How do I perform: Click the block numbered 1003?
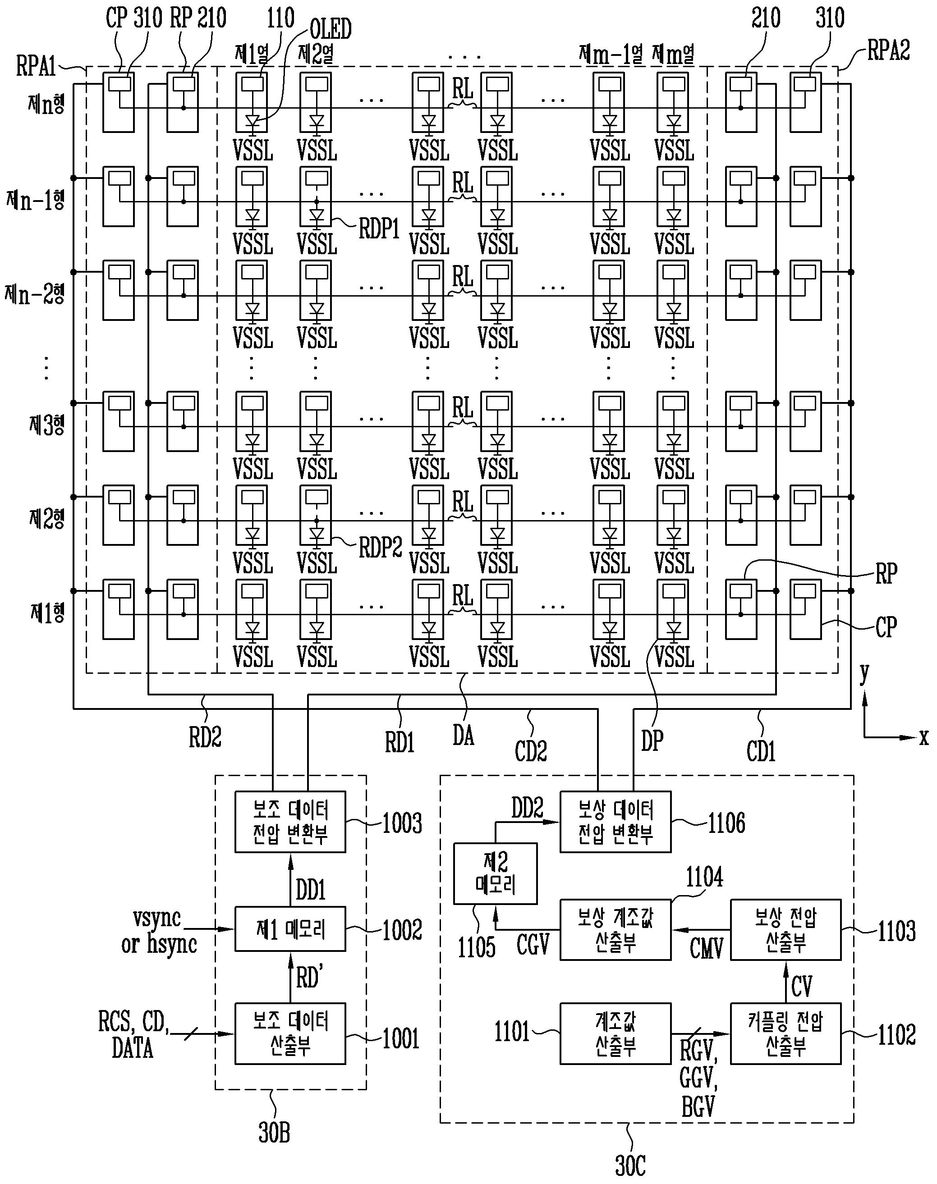(x=290, y=821)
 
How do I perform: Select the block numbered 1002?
(x=290, y=929)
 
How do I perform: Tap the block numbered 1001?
(x=290, y=1034)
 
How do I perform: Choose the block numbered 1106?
(x=615, y=821)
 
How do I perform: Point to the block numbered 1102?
(x=785, y=1034)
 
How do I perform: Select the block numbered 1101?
(x=615, y=1034)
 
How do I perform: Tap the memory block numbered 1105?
(x=496, y=873)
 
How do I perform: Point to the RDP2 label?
(x=380, y=547)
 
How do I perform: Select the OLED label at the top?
(x=331, y=28)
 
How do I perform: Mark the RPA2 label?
(x=888, y=50)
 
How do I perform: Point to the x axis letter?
(x=924, y=738)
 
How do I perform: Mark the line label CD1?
(x=761, y=751)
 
